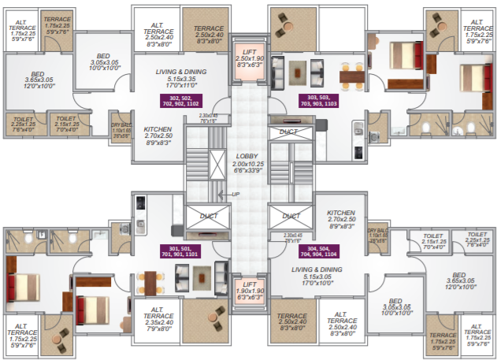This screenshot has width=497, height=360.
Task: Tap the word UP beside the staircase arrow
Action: click(234, 194)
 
